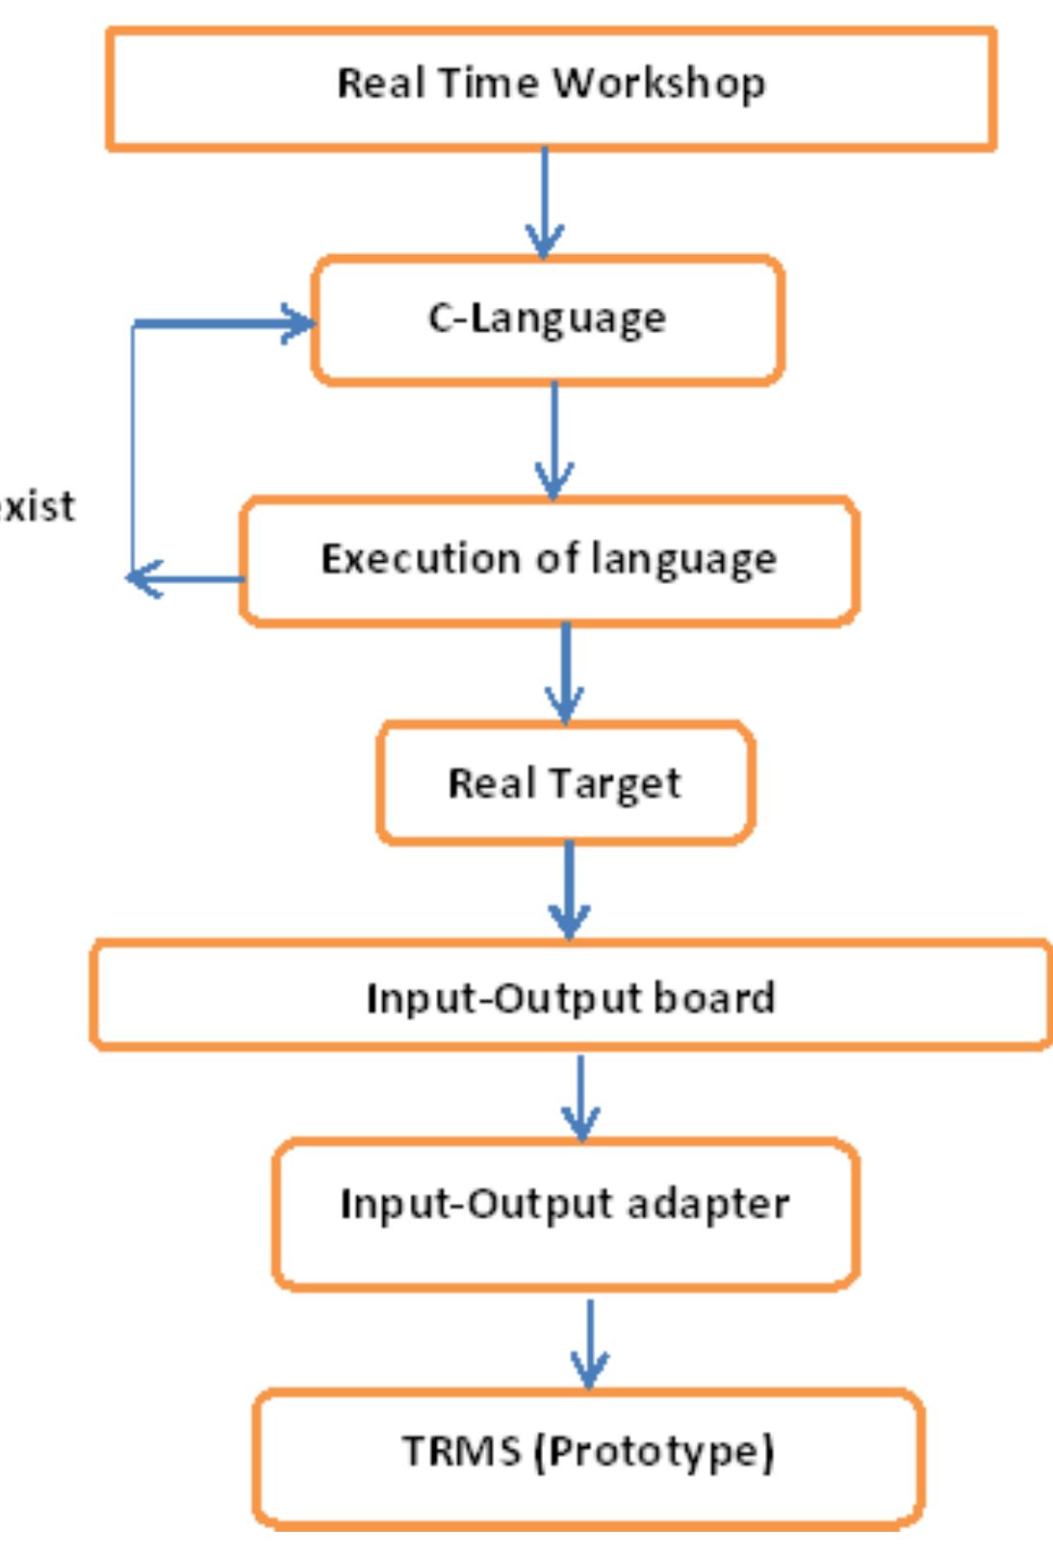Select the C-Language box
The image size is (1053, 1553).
click(547, 320)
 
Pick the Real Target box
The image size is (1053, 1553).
click(565, 783)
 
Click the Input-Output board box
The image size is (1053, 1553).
click(571, 996)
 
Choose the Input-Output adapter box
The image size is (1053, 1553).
click(565, 1213)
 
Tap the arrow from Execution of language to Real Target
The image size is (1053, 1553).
click(565, 674)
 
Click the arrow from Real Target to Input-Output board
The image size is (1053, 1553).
click(570, 890)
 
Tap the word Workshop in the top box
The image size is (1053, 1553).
click(659, 84)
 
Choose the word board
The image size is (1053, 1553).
click(714, 998)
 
